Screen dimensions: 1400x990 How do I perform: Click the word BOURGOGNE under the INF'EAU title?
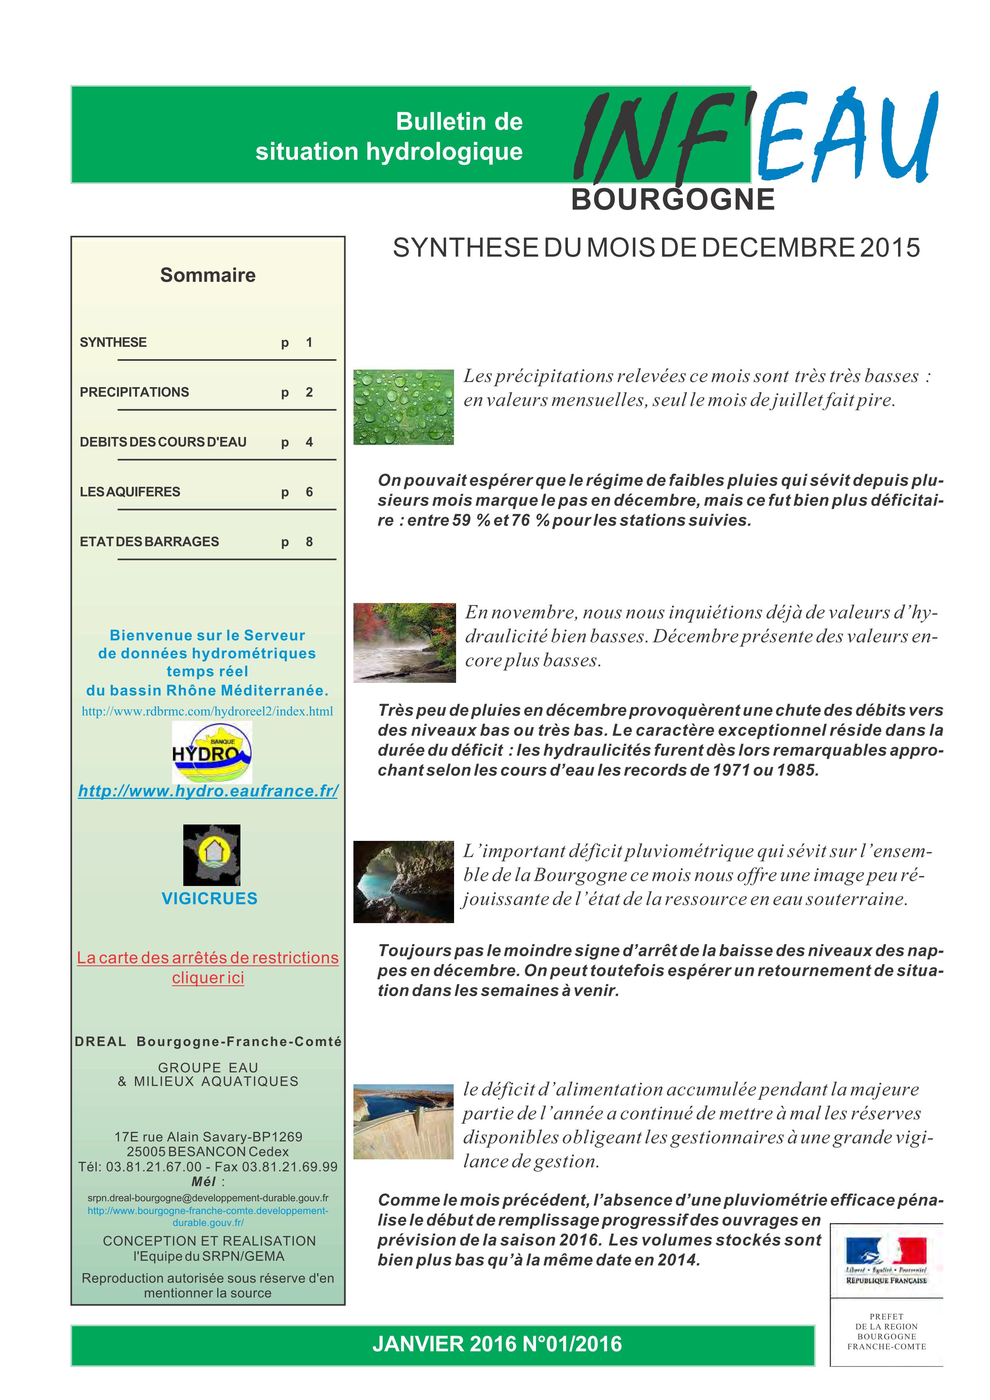pyautogui.click(x=673, y=200)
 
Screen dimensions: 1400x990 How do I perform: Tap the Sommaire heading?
pyautogui.click(x=207, y=275)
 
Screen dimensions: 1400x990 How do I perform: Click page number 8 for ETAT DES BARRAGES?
pyautogui.click(x=309, y=542)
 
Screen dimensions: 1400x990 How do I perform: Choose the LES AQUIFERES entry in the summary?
pyautogui.click(x=130, y=491)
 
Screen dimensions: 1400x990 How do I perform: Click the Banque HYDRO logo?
pyautogui.click(x=212, y=752)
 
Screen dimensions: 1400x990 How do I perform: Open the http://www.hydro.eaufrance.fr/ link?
pyautogui.click(x=208, y=791)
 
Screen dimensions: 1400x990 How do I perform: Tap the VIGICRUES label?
pyautogui.click(x=209, y=898)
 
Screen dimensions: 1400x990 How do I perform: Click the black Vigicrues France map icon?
pyautogui.click(x=212, y=855)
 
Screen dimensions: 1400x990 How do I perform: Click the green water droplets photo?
pyautogui.click(x=403, y=407)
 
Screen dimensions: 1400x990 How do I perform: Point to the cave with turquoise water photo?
pyautogui.click(x=403, y=882)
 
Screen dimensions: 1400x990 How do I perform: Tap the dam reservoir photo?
pyautogui.click(x=403, y=1121)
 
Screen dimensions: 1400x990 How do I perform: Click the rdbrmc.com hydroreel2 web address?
pyautogui.click(x=207, y=711)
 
